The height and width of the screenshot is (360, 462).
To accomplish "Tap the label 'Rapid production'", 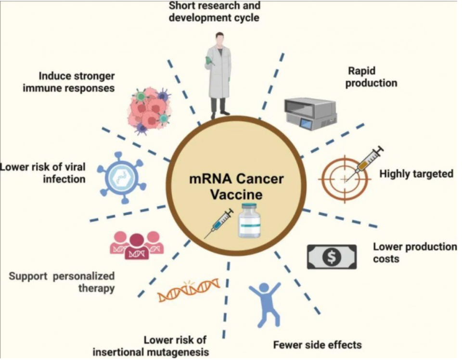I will click(372, 77).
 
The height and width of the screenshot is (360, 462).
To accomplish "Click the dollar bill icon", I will click(332, 257).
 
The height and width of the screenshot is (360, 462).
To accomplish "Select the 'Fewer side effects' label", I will click(317, 345).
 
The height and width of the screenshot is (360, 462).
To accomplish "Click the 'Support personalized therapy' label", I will click(62, 282).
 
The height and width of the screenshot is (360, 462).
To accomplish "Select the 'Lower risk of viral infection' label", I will click(43, 173).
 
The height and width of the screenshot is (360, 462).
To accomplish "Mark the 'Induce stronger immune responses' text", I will click(77, 82).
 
